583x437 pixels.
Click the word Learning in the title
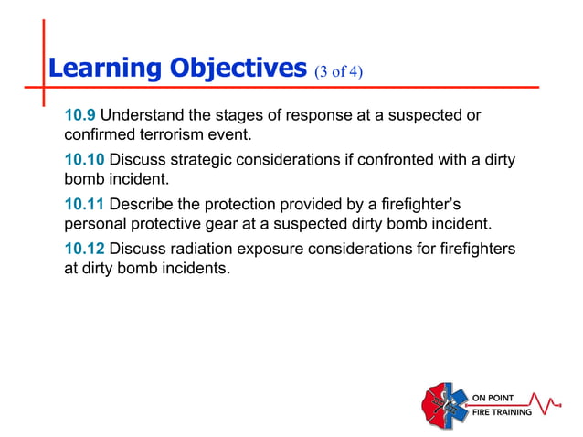(102, 69)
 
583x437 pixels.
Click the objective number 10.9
(79, 116)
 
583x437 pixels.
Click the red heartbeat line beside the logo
(547, 402)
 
